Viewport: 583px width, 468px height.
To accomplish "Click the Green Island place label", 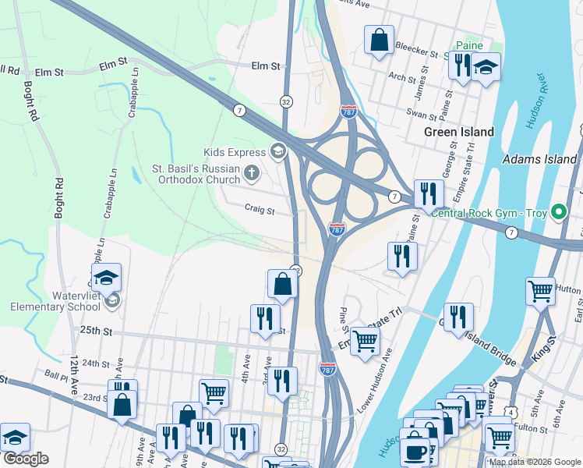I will point(458,132).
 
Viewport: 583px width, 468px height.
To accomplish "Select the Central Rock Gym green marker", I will point(558,212).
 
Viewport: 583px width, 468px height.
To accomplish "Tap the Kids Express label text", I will point(235,152).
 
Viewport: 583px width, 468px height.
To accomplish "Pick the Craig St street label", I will point(260,210).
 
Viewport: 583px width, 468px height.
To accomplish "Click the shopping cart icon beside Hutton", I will point(540,291).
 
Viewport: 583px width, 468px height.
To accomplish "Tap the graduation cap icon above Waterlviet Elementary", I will point(105,277).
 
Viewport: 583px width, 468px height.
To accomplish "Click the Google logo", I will point(26,459).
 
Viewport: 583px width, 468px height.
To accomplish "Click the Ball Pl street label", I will point(58,374).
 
